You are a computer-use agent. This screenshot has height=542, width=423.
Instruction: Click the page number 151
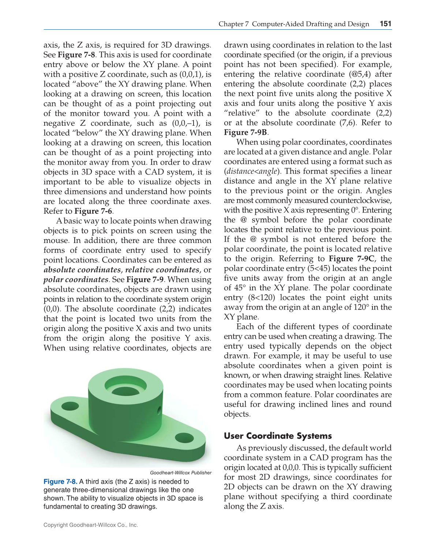(x=385, y=24)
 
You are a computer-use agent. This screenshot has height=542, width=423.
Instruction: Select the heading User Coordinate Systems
(x=278, y=436)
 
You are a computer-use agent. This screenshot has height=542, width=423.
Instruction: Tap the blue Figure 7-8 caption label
(x=60, y=482)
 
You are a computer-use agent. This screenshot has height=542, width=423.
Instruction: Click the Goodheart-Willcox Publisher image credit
(x=180, y=473)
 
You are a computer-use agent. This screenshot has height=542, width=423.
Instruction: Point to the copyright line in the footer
(x=91, y=525)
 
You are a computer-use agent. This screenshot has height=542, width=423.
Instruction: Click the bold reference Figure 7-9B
(x=246, y=132)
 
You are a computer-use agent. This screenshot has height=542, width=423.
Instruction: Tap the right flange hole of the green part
(x=184, y=438)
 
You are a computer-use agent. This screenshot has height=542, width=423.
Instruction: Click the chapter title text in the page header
(x=294, y=24)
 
